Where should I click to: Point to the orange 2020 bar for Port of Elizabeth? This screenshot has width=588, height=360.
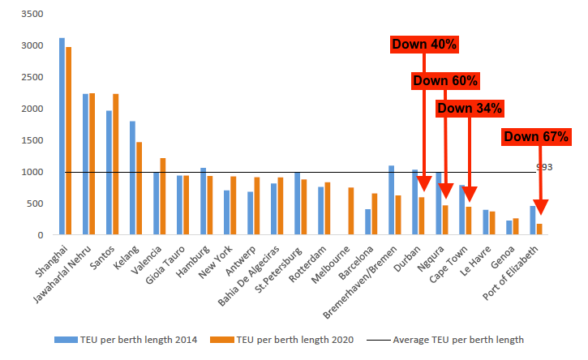point(540,229)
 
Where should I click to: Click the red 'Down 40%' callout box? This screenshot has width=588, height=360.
point(425,45)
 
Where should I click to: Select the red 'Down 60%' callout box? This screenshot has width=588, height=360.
point(445,80)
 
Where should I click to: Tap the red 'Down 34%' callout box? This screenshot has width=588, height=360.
point(470,108)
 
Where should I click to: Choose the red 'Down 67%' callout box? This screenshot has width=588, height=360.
point(536,136)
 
